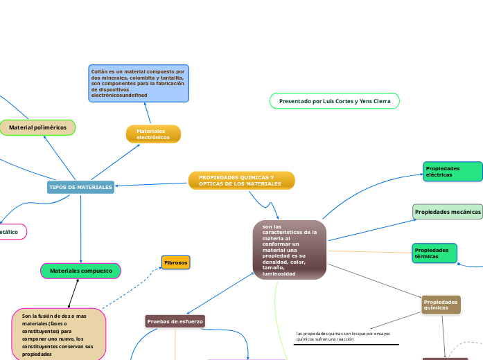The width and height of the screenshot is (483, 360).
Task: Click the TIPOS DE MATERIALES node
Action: pyautogui.click(x=80, y=188)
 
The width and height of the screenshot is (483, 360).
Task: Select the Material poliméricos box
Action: pyautogui.click(x=37, y=127)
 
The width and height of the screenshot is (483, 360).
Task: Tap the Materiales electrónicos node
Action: pyautogui.click(x=153, y=134)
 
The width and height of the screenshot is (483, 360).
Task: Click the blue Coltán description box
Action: pyautogui.click(x=139, y=83)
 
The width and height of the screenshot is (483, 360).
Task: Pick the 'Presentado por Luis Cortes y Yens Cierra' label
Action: pyautogui.click(x=335, y=101)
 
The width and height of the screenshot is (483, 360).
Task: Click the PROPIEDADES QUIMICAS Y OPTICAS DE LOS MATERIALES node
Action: pyautogui.click(x=241, y=181)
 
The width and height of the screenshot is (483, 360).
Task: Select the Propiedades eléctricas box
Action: pyautogui.click(x=453, y=172)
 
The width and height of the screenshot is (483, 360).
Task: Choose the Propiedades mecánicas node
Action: pyautogui.click(x=448, y=212)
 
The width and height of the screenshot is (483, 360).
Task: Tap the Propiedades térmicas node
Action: pyautogui.click(x=434, y=253)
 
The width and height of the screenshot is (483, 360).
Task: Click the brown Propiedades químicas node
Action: pyautogui.click(x=441, y=305)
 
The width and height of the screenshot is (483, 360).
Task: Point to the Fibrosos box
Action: pyautogui.click(x=175, y=262)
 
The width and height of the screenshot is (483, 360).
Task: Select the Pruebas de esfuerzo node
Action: pyautogui.click(x=175, y=321)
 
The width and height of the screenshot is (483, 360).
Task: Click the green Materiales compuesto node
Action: pyautogui.click(x=81, y=271)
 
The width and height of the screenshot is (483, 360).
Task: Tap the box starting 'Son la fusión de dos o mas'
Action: pyautogui.click(x=59, y=334)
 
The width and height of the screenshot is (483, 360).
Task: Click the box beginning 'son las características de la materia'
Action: pyautogui.click(x=290, y=250)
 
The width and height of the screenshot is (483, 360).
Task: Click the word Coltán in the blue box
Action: pyautogui.click(x=99, y=71)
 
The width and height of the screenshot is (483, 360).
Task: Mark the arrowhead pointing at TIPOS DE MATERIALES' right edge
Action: pyautogui.click(x=118, y=186)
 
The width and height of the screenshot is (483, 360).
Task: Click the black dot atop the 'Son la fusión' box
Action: pyautogui.click(x=69, y=306)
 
